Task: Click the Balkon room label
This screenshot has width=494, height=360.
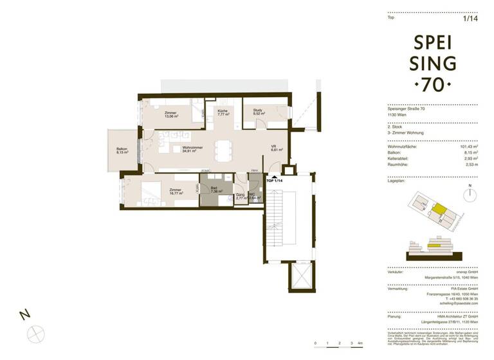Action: (x=122, y=152)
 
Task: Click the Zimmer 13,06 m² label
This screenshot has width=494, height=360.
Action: (x=170, y=115)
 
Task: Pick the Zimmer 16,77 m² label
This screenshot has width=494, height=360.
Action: (x=176, y=192)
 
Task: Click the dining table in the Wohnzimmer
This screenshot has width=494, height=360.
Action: (x=224, y=150)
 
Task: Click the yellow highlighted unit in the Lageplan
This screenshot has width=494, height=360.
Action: (x=437, y=209)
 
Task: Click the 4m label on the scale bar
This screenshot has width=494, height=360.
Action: (x=360, y=345)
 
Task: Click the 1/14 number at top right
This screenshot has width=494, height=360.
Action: (x=471, y=18)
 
